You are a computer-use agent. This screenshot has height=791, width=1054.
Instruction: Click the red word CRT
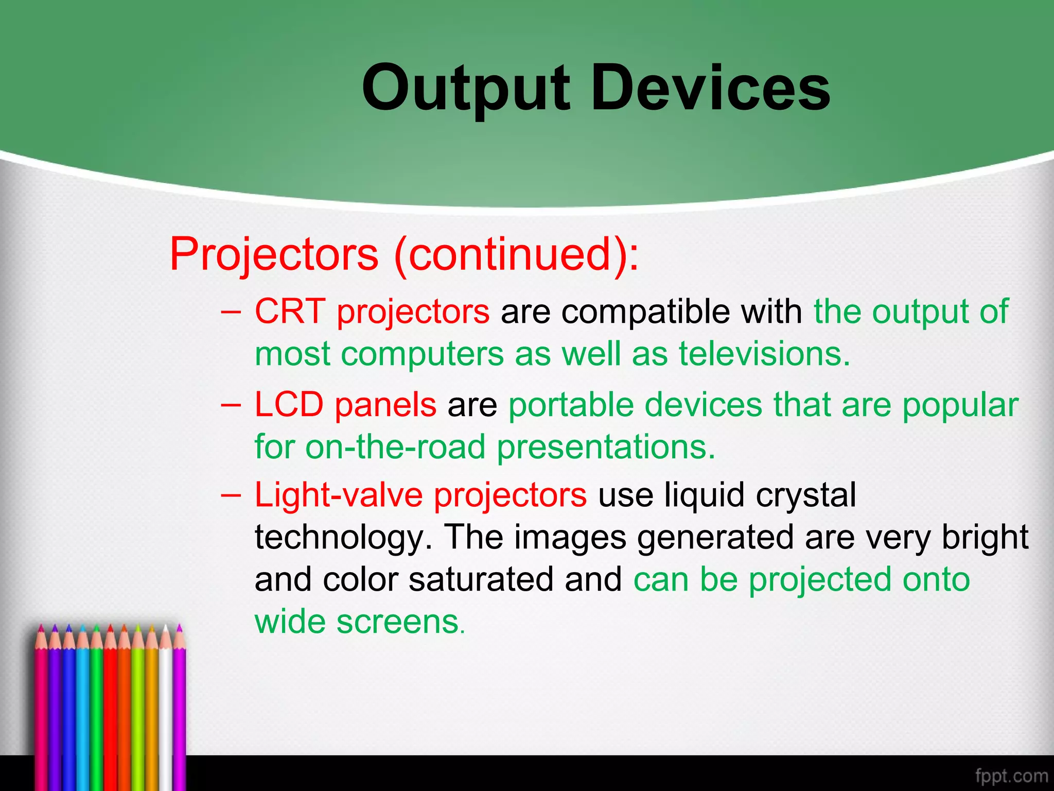click(x=290, y=312)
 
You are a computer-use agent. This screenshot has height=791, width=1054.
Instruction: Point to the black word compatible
click(x=645, y=312)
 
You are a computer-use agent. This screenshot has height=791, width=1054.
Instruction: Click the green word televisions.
click(x=764, y=354)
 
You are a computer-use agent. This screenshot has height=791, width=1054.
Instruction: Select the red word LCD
click(x=289, y=404)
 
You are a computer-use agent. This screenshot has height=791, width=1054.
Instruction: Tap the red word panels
click(x=385, y=404)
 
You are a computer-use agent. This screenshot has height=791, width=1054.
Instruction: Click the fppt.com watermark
click(x=1011, y=776)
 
